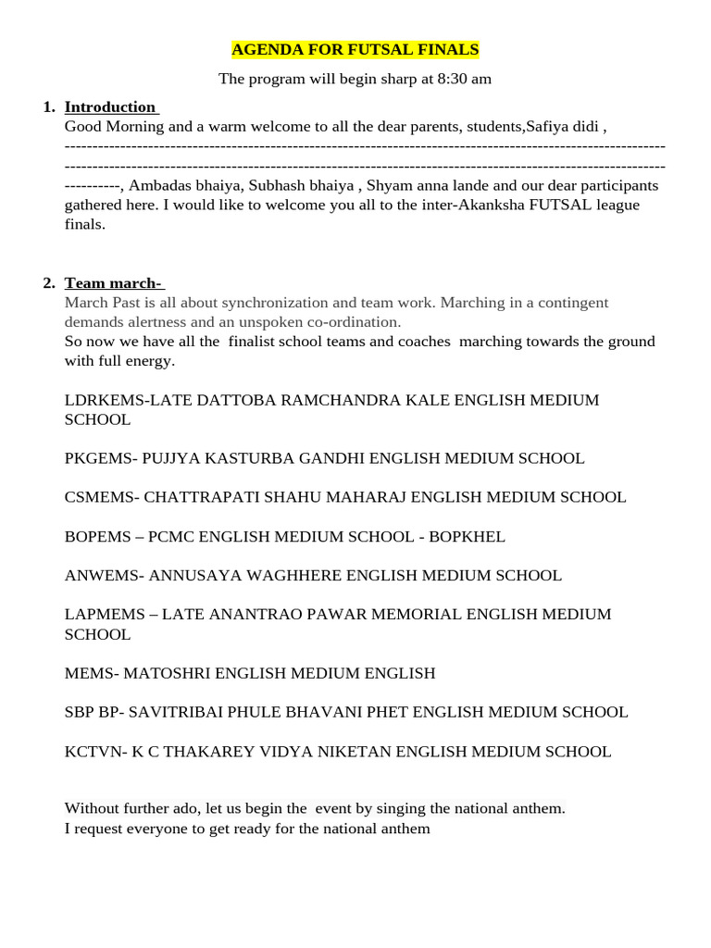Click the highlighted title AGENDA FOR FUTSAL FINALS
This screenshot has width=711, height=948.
(x=355, y=49)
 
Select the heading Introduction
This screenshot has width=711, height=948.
(x=110, y=106)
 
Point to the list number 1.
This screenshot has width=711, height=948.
(x=49, y=106)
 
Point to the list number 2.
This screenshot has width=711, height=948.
(x=49, y=282)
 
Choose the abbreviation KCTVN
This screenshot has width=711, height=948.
(x=94, y=751)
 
